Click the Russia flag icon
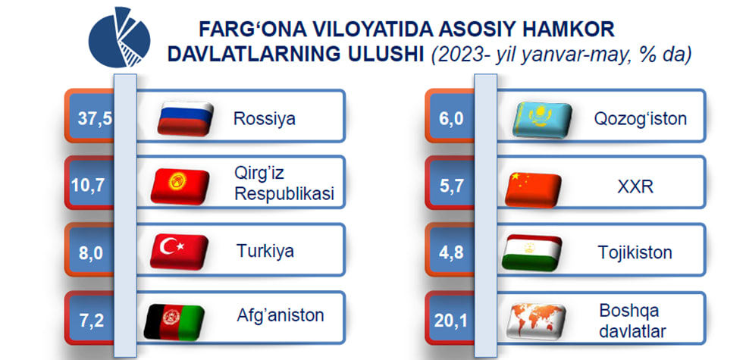[x=186, y=118]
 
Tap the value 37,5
[x=96, y=118]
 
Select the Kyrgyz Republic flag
[x=180, y=186]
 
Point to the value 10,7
[x=88, y=185]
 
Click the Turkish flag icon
[x=179, y=252]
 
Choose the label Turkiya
[x=265, y=251]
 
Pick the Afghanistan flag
[x=174, y=322]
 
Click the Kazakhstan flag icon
[x=542, y=120]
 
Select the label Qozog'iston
[x=641, y=119]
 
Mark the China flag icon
[x=533, y=189]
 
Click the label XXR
[x=635, y=187]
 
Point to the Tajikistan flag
[x=532, y=252]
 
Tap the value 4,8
[x=451, y=252]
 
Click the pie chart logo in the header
[x=120, y=37]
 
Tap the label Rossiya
[x=265, y=118]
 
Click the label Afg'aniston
[x=281, y=315]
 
